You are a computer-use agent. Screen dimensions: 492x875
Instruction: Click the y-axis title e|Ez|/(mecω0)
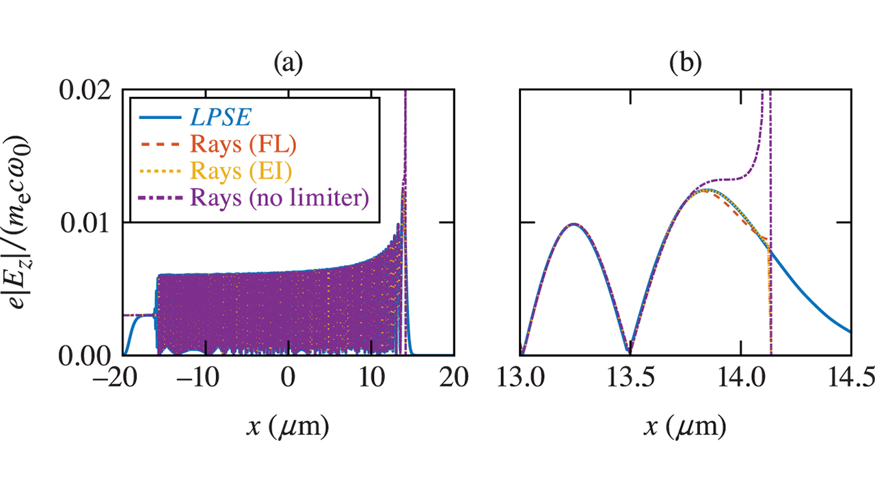(31, 223)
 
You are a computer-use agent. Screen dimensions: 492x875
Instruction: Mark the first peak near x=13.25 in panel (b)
(574, 224)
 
